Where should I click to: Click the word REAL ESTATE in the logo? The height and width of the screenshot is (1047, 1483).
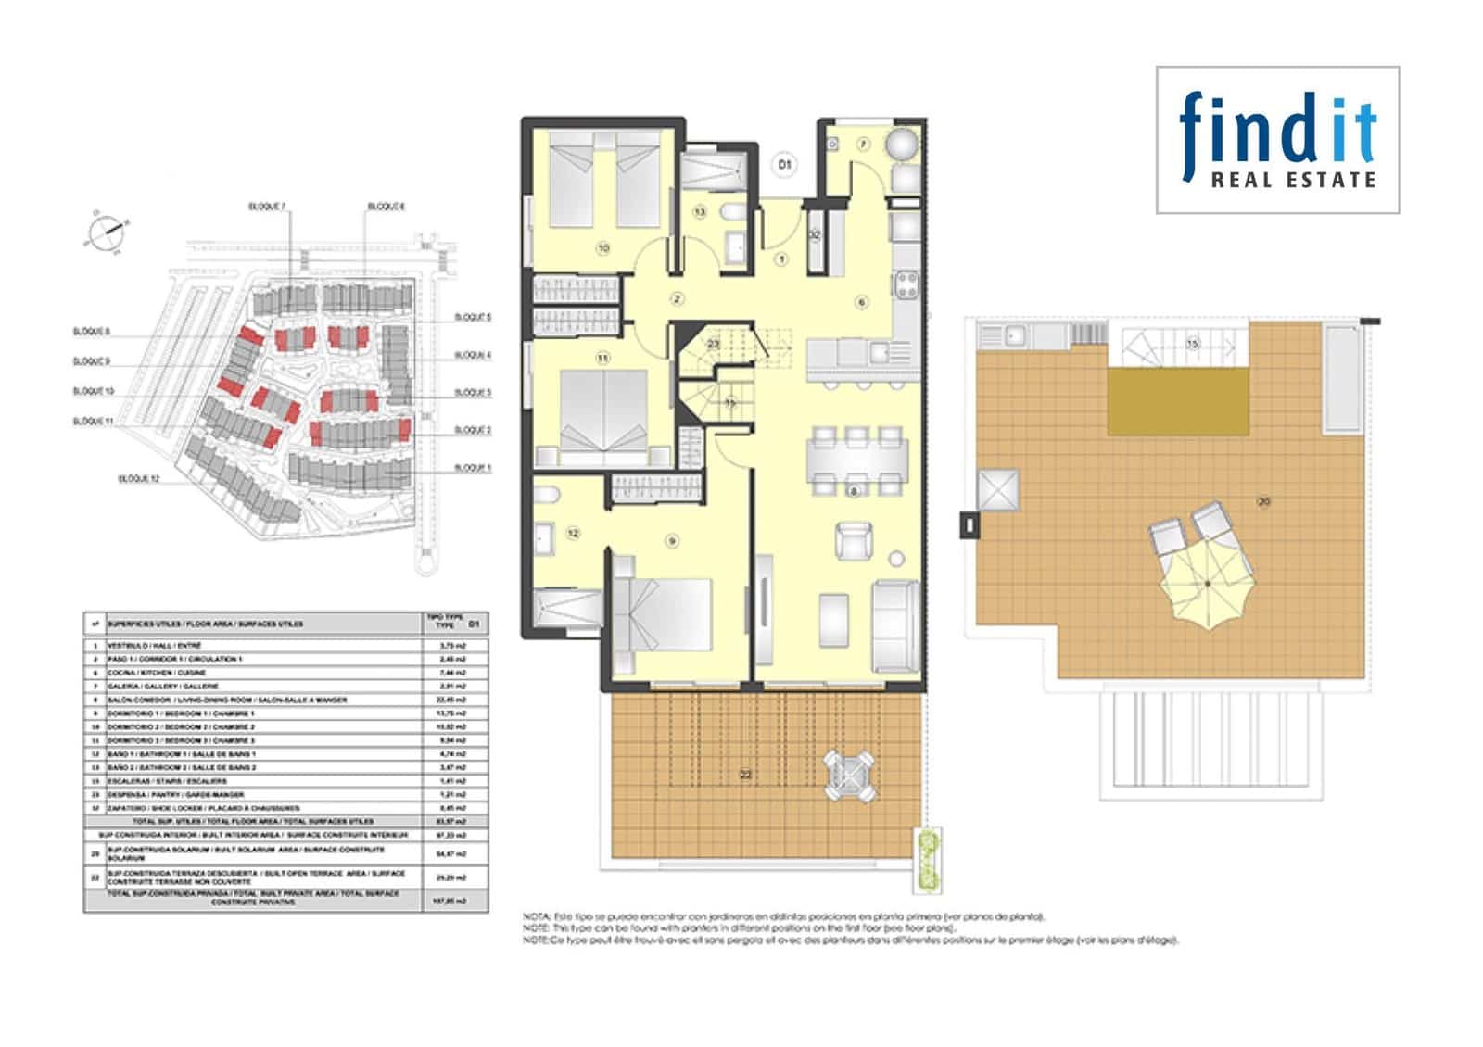[x=1293, y=180]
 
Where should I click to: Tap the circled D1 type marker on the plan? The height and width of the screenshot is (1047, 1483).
[x=785, y=165]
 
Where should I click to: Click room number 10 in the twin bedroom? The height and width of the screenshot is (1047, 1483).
[x=603, y=248]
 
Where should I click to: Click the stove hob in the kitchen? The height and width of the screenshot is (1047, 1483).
[x=906, y=283]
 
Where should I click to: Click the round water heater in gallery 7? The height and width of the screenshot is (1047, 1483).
[x=902, y=145]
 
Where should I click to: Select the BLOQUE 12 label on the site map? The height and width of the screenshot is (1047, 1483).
[x=139, y=478]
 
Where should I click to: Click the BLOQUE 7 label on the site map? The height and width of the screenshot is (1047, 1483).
[x=267, y=206]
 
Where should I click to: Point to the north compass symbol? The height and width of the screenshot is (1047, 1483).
[x=106, y=230]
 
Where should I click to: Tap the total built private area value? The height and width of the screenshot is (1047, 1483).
[x=454, y=901]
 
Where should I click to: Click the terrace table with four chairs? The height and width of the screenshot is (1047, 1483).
[x=850, y=776]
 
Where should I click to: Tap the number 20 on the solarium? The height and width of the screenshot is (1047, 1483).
[x=1263, y=501]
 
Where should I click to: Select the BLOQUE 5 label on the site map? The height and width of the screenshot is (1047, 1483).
[x=473, y=317]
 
